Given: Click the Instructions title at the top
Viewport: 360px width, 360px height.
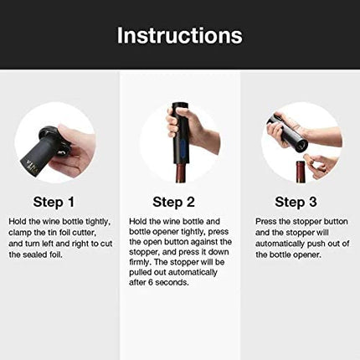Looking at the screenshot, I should coord(179,35).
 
